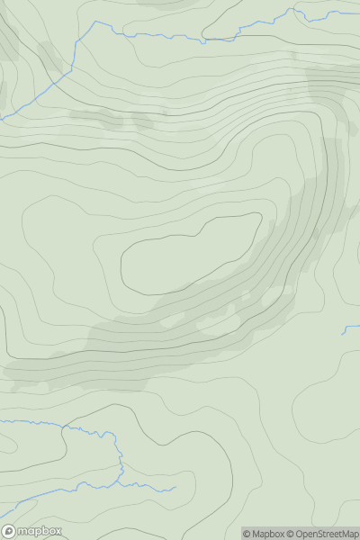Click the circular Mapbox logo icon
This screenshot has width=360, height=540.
[x=10, y=531]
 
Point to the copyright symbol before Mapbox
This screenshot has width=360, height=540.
[x=247, y=534]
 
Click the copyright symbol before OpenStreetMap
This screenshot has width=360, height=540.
[x=291, y=534]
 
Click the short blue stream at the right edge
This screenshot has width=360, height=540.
[x=351, y=329]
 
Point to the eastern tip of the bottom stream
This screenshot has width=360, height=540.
[x=175, y=490]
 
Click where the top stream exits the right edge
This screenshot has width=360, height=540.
[x=358, y=12]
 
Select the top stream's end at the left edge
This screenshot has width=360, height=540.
[x=2, y=118]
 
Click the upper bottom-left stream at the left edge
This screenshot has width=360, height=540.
[x=2, y=420]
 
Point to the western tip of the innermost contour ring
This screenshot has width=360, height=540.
[x=121, y=265]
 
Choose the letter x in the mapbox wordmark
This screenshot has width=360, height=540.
[x=58, y=531]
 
